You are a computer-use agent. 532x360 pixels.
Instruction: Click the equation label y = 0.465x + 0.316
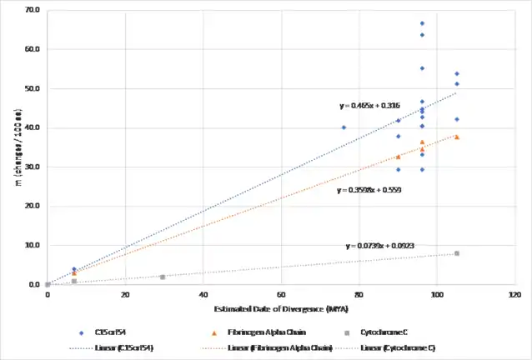coord(369,106)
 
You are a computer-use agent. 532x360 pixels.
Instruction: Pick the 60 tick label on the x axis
coord(281,295)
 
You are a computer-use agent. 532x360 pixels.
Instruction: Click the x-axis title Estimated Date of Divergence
coord(280,309)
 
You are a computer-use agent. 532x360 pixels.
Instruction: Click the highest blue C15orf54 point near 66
coord(422,23)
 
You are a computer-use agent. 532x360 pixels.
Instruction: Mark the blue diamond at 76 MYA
coord(344,127)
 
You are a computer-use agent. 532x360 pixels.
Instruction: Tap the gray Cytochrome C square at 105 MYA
coord(457,253)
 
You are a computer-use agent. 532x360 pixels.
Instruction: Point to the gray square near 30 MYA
coord(163,277)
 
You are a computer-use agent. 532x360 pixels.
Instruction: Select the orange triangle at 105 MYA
coord(457,137)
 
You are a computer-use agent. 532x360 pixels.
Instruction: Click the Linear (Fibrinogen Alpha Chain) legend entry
coord(271,347)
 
